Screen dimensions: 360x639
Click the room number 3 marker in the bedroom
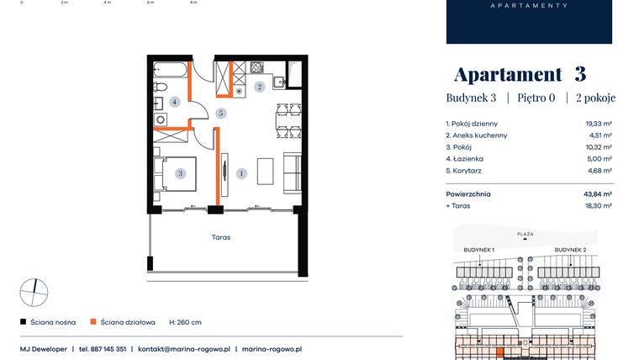tap(180, 173)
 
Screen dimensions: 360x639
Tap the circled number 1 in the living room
tap(242, 173)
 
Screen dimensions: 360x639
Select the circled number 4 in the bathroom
tap(174, 101)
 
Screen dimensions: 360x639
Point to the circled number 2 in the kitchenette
tap(260, 87)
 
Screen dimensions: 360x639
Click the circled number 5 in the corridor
tap(221, 113)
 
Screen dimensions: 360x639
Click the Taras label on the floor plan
tap(221, 237)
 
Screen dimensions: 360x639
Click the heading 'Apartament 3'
tap(520, 74)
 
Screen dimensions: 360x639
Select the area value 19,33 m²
tap(599, 123)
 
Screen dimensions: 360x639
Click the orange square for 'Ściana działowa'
tap(94, 322)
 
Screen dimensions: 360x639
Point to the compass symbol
tap(34, 292)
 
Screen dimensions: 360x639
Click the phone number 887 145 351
tap(108, 348)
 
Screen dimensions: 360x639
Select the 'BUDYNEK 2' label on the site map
tap(570, 250)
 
